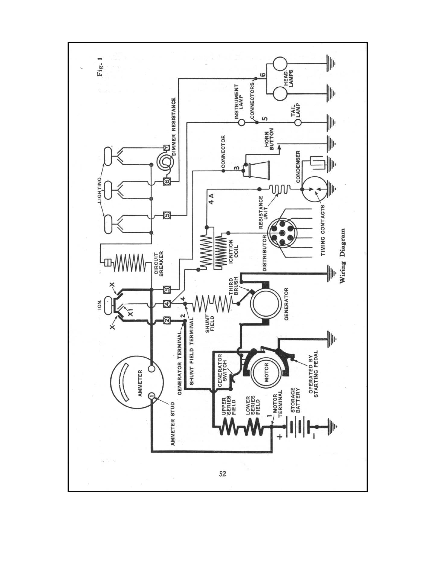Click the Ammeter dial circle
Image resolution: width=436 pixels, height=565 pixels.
(137, 382)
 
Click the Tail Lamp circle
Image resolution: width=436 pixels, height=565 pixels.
(298, 122)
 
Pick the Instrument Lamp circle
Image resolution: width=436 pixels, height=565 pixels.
(241, 122)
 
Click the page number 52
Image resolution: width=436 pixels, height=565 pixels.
(222, 474)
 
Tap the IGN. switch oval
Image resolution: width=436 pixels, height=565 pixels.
(108, 303)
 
